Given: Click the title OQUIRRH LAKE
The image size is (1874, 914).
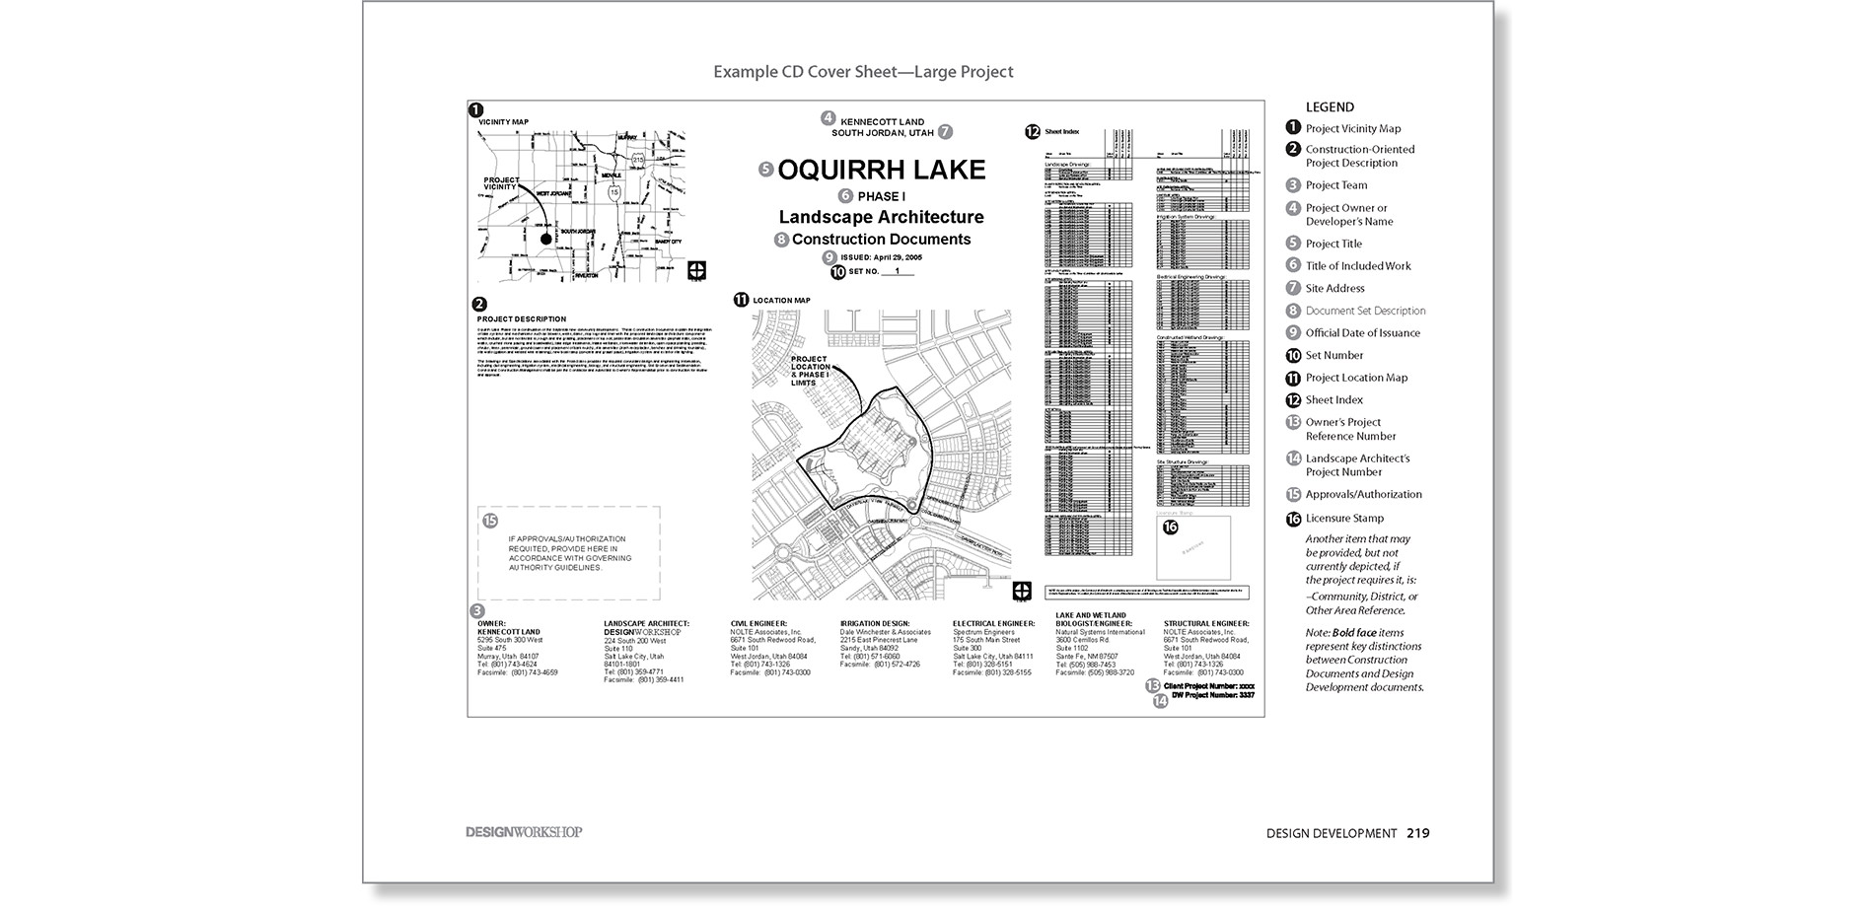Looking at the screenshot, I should pyautogui.click(x=881, y=170).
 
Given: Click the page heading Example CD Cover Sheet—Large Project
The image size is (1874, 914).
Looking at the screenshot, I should pyautogui.click(x=863, y=72).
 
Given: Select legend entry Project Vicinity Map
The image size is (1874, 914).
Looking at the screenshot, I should pyautogui.click(x=1352, y=128).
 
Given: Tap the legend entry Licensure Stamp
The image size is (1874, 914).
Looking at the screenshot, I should pyautogui.click(x=1343, y=518).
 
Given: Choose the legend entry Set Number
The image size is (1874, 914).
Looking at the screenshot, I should pyautogui.click(x=1333, y=355).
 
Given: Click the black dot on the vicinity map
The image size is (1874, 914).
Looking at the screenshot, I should pyautogui.click(x=545, y=239).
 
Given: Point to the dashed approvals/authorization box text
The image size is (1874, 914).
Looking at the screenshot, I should pyautogui.click(x=569, y=553).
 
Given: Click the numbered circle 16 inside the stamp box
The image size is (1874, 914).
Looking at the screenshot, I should pyautogui.click(x=1171, y=527).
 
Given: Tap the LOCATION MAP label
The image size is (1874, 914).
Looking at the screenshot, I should pyautogui.click(x=781, y=300).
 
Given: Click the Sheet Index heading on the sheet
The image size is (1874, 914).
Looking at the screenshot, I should pyautogui.click(x=1061, y=131).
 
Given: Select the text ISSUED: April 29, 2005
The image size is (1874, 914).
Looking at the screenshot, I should pyautogui.click(x=881, y=256).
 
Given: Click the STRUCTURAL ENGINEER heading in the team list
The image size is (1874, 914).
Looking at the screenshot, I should pyautogui.click(x=1205, y=623).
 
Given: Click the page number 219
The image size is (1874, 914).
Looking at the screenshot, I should pyautogui.click(x=1417, y=833).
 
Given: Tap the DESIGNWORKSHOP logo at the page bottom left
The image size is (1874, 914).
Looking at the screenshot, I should pyautogui.click(x=524, y=832).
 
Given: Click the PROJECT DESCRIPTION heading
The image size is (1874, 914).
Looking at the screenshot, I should pyautogui.click(x=522, y=318).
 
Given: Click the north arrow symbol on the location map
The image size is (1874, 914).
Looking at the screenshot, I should pyautogui.click(x=1022, y=590).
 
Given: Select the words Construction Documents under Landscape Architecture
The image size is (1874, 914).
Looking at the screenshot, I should pyautogui.click(x=881, y=240).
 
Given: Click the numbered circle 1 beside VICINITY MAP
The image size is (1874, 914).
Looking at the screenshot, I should pyautogui.click(x=475, y=110).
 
